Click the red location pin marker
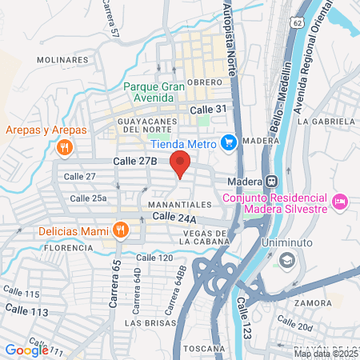181,164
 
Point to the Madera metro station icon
271,180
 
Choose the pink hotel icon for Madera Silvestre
338,200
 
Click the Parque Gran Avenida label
154,92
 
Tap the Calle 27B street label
135,161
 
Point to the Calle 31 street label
206,109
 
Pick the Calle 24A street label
174,216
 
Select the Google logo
26,349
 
